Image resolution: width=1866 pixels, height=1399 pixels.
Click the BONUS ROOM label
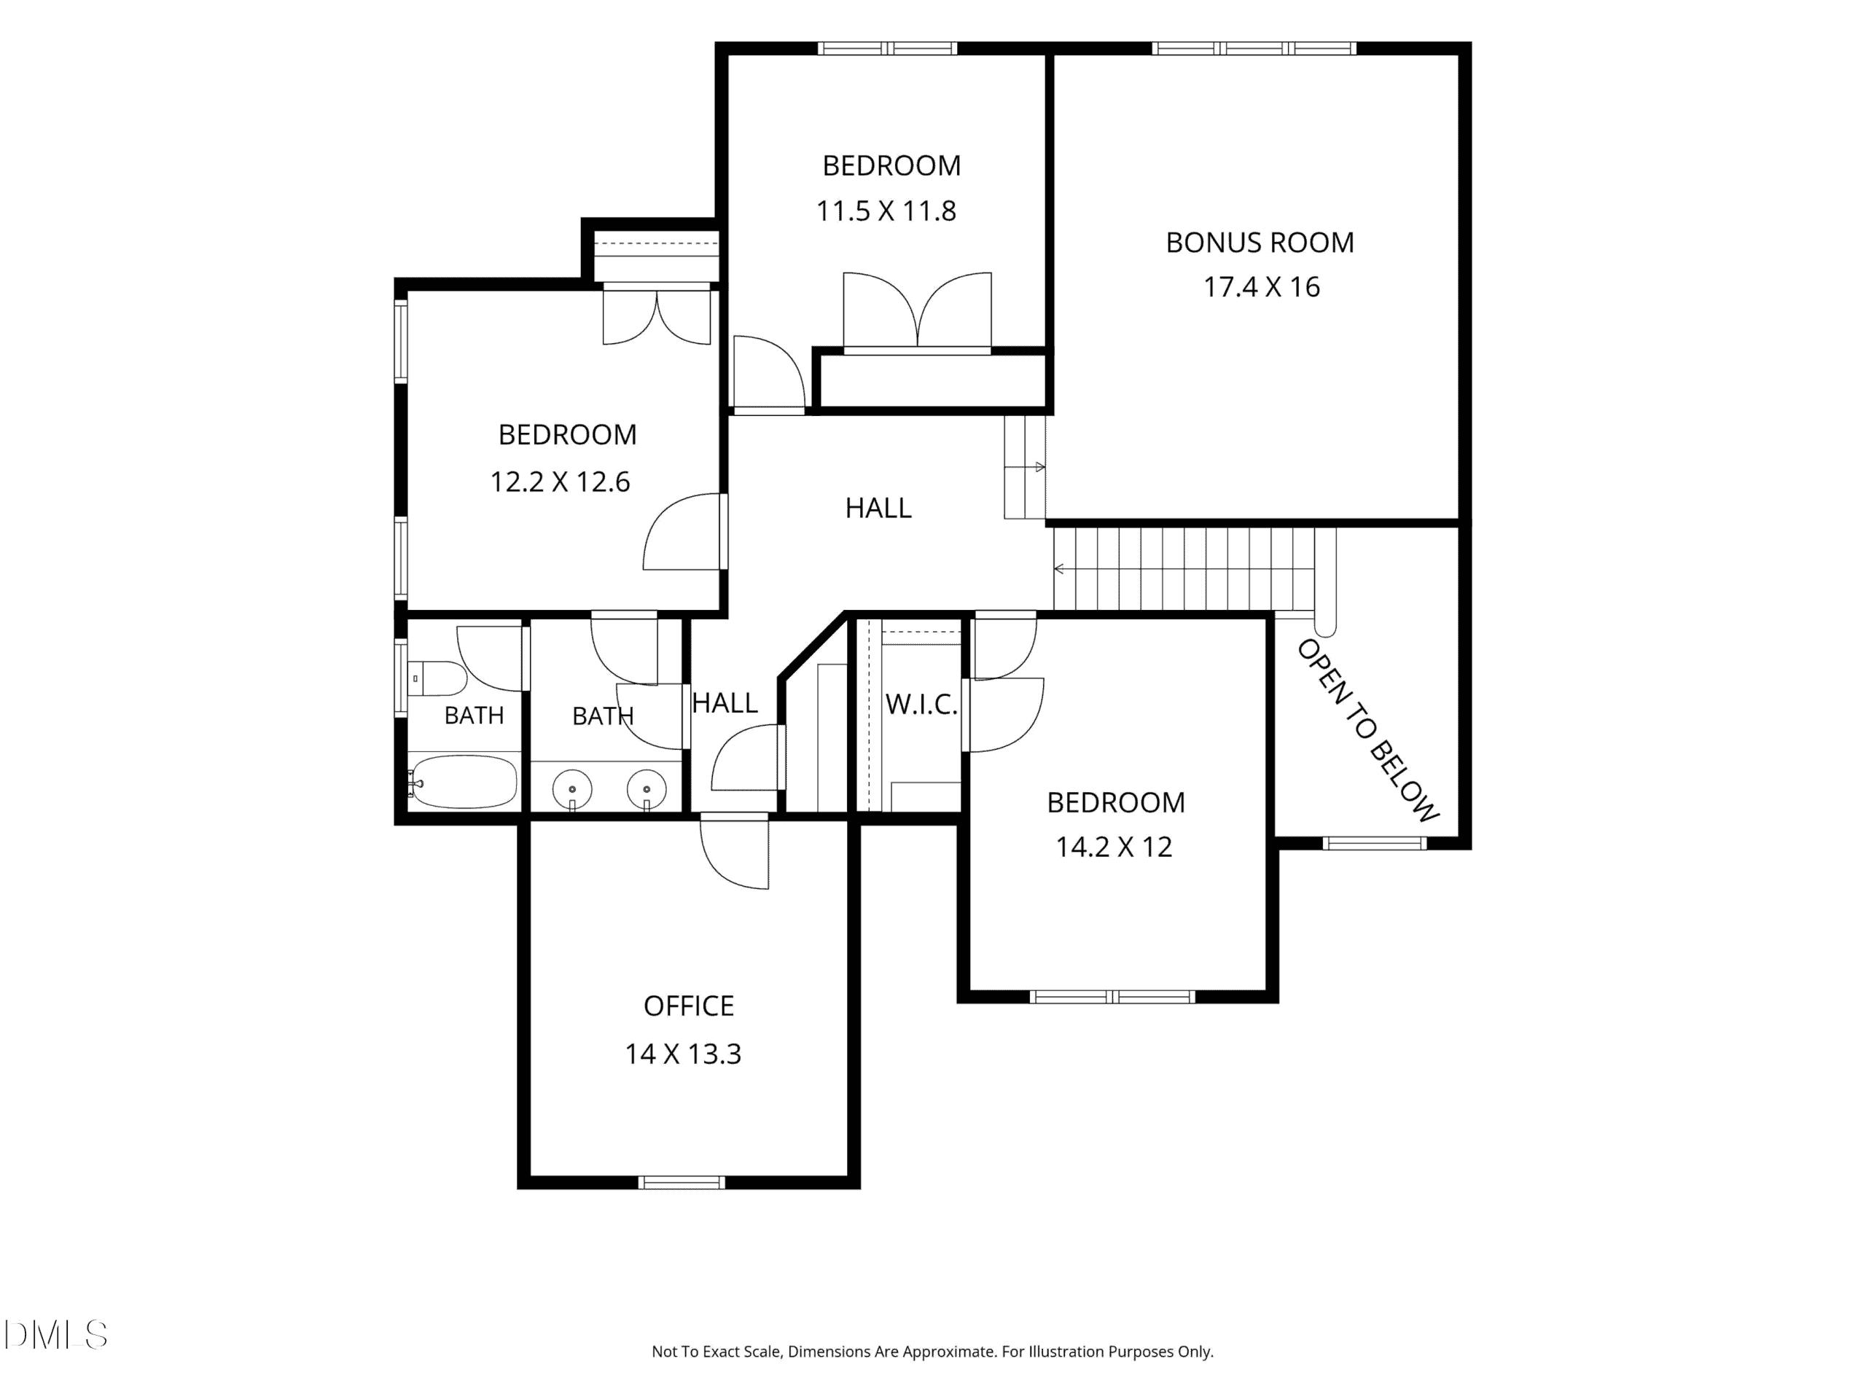tap(1260, 243)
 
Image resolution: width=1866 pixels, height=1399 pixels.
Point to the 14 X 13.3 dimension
tap(682, 1054)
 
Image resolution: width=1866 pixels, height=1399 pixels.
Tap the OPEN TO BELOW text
tap(1367, 731)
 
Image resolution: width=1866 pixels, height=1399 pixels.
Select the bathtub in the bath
tap(462, 782)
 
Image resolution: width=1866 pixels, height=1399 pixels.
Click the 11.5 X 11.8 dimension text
tap(886, 211)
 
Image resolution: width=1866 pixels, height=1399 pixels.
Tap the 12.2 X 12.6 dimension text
tap(560, 482)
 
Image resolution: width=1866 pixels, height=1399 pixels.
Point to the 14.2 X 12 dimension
tap(1114, 847)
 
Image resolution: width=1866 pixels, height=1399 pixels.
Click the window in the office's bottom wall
tap(682, 1183)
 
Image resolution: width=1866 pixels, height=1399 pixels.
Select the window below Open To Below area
tap(1374, 843)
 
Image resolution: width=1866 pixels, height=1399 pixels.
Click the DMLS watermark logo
tap(55, 1335)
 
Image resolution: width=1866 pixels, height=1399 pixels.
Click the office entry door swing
tap(735, 854)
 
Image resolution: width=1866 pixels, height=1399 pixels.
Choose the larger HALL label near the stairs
tap(878, 508)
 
